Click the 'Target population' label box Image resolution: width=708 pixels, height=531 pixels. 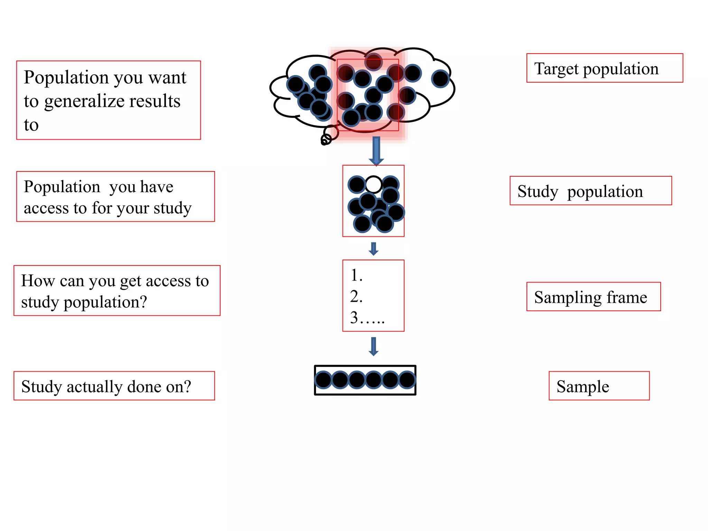(604, 68)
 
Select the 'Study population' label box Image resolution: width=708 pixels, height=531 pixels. (590, 191)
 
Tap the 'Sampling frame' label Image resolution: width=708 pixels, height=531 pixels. (593, 297)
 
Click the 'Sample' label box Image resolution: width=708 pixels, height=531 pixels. (599, 386)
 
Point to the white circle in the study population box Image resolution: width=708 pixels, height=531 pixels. (373, 184)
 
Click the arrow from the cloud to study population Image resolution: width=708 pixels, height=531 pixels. (376, 151)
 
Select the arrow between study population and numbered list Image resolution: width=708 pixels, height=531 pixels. (373, 249)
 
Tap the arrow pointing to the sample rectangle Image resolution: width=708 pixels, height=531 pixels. (373, 346)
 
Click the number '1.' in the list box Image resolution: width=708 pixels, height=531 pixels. (356, 276)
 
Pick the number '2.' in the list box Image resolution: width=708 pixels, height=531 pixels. (356, 297)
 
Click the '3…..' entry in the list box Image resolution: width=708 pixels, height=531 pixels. (367, 318)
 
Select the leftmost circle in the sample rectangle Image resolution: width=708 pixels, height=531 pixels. (324, 380)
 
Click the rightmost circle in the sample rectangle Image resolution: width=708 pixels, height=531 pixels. (407, 380)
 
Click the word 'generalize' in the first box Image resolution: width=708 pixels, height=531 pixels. (112, 101)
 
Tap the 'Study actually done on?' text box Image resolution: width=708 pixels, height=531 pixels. (114, 386)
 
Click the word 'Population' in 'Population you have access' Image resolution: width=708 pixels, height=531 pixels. (62, 187)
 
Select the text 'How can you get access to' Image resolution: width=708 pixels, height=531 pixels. (115, 280)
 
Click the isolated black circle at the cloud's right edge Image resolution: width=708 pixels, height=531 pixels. (440, 78)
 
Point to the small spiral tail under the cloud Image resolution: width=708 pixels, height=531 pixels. (326, 140)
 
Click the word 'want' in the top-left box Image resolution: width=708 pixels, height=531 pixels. (167, 77)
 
